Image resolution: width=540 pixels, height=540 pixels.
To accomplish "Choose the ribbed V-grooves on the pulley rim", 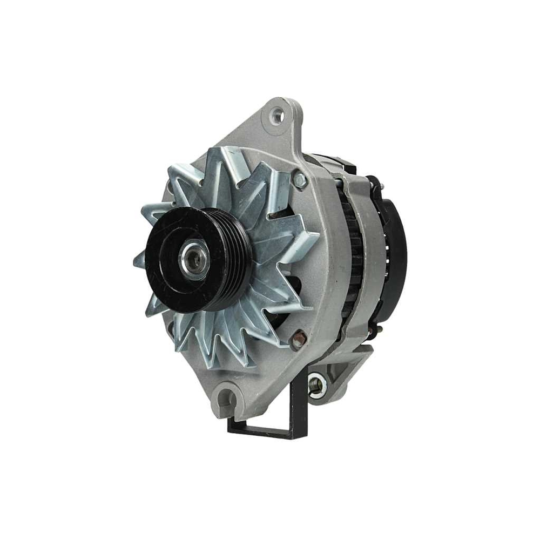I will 238,259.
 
